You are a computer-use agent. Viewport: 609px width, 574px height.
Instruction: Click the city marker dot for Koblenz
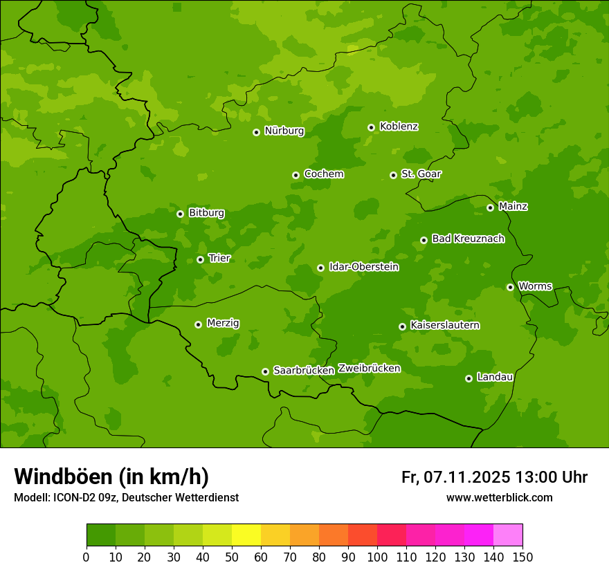pyautogui.click(x=372, y=127)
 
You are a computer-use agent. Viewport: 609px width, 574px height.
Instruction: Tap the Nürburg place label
pyautogui.click(x=284, y=131)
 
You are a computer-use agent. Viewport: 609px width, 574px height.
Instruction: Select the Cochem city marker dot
pyautogui.click(x=296, y=175)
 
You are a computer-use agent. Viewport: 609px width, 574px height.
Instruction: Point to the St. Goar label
pyautogui.click(x=421, y=174)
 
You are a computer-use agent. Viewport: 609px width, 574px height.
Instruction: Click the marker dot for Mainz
pyautogui.click(x=490, y=207)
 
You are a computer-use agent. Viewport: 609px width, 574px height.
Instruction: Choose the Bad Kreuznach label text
pyautogui.click(x=468, y=239)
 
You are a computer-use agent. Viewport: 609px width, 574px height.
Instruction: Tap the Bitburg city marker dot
pyautogui.click(x=180, y=214)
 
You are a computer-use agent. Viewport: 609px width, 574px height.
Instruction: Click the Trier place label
pyautogui.click(x=219, y=258)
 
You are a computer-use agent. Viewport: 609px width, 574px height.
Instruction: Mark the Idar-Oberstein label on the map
pyautogui.click(x=363, y=266)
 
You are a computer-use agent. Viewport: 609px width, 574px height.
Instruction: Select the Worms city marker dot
pyautogui.click(x=510, y=287)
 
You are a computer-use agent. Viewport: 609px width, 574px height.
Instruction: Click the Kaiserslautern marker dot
pyautogui.click(x=402, y=326)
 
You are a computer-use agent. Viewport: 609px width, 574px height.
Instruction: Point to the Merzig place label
pyautogui.click(x=223, y=323)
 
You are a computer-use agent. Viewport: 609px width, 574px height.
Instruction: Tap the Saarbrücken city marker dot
pyautogui.click(x=265, y=371)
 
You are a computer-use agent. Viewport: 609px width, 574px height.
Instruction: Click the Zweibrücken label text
pyautogui.click(x=369, y=369)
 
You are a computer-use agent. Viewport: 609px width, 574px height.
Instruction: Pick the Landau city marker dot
pyautogui.click(x=469, y=378)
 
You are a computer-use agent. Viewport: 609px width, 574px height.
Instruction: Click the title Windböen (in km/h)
pyautogui.click(x=111, y=476)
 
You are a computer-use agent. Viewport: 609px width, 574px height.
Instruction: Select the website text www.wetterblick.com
pyautogui.click(x=499, y=497)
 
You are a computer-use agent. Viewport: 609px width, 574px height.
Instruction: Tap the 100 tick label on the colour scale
pyautogui.click(x=377, y=557)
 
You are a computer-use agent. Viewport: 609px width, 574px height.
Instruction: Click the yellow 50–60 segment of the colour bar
pyautogui.click(x=246, y=535)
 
